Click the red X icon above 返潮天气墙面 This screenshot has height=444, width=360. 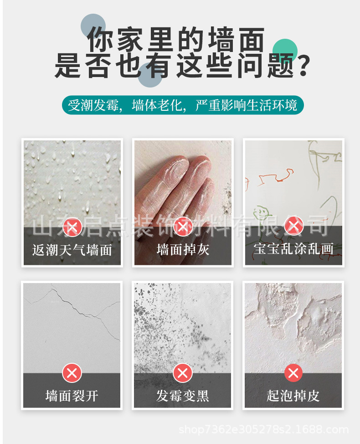point(72,227)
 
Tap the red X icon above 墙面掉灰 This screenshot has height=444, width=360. point(183,227)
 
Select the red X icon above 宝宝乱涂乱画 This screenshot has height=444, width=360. point(293,226)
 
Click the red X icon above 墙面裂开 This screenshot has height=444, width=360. point(72,373)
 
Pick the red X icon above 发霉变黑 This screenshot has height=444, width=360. point(183,373)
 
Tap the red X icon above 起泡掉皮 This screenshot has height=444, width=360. point(293,373)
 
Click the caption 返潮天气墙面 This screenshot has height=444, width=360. point(72,250)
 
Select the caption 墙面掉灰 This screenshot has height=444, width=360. point(183,250)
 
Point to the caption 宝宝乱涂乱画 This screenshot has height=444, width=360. point(293,249)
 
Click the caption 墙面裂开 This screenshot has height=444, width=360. point(72,396)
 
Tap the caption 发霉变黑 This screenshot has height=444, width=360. point(183,396)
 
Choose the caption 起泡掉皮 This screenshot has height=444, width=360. point(293,396)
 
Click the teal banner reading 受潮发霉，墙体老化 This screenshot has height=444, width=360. point(183,105)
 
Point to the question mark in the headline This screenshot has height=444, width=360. point(303,66)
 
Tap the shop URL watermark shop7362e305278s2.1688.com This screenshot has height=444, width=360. point(263,430)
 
